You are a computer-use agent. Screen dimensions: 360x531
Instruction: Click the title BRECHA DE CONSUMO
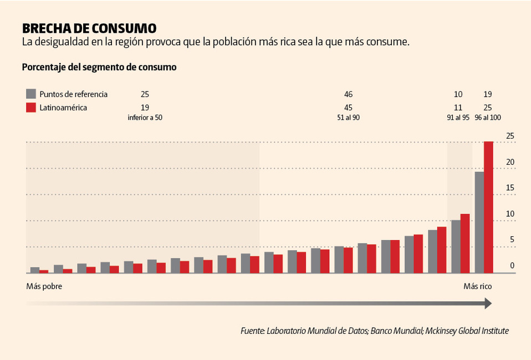[89, 28]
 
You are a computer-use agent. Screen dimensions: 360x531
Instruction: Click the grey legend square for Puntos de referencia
[32, 94]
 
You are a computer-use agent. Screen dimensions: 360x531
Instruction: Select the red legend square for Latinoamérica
[32, 107]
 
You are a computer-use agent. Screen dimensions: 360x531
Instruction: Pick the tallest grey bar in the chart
[479, 222]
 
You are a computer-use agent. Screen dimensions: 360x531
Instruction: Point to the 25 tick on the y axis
[509, 136]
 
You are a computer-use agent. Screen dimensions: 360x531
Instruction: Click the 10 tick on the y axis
[509, 214]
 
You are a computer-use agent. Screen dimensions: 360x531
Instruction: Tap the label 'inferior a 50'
[145, 118]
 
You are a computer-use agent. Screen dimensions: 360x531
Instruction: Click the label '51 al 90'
[348, 118]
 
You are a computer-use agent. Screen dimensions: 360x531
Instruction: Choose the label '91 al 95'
[458, 118]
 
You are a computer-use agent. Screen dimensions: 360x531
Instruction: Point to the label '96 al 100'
[487, 118]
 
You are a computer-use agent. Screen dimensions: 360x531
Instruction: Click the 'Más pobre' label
[44, 287]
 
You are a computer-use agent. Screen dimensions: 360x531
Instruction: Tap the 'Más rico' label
[477, 287]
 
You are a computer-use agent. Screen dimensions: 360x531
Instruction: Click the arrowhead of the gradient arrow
[488, 303]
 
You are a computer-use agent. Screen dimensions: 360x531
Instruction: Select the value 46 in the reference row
[348, 94]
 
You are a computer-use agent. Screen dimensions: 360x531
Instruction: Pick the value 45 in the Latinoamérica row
[348, 107]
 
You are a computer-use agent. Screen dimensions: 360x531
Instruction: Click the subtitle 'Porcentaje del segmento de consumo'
[99, 67]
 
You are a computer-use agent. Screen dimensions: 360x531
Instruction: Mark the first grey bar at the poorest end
[35, 270]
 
